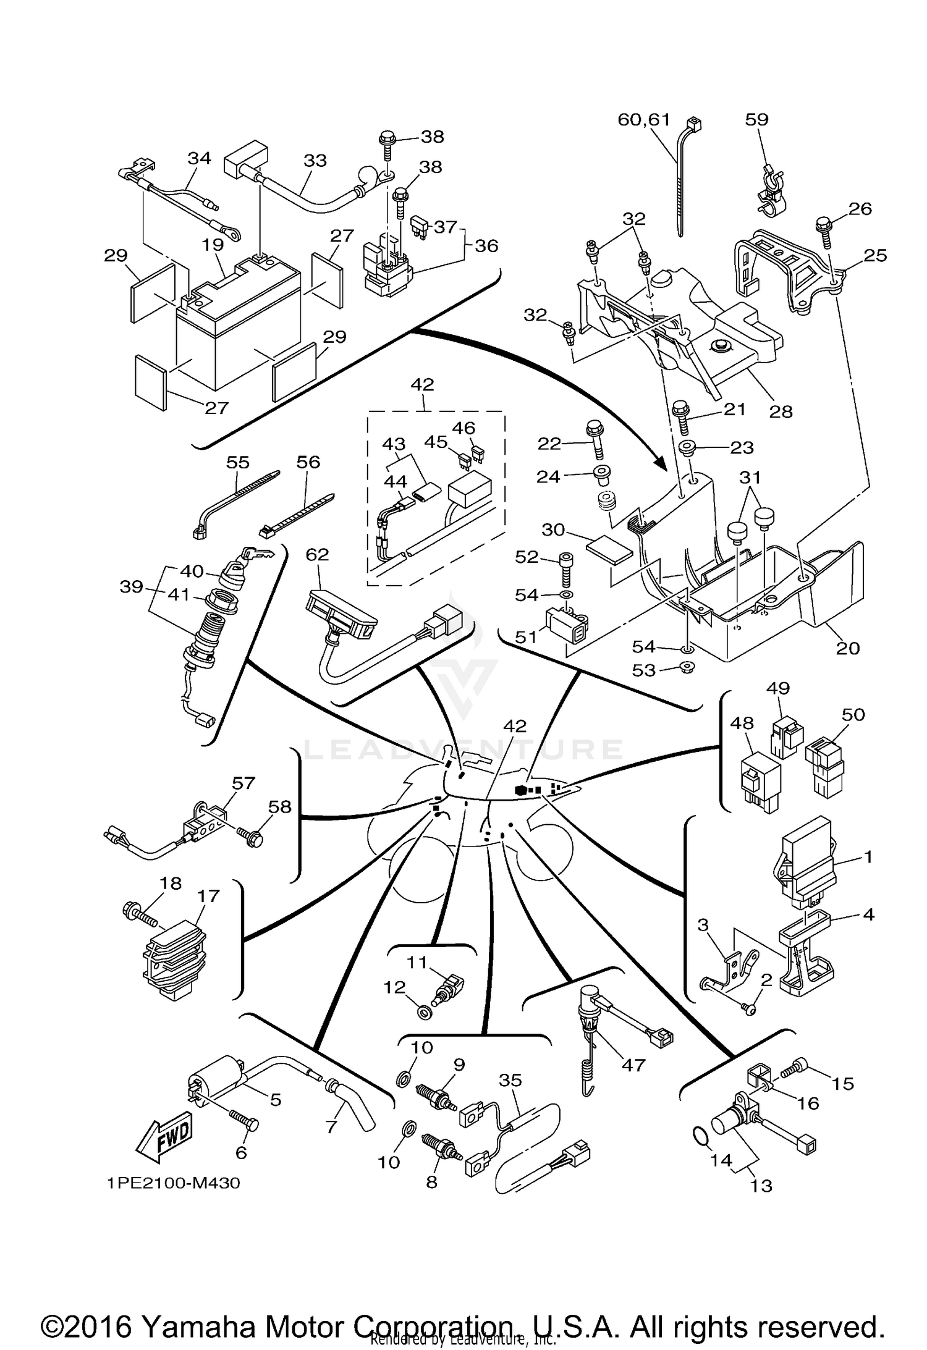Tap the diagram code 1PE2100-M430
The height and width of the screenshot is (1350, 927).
click(173, 1183)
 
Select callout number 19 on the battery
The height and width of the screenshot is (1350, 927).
click(213, 245)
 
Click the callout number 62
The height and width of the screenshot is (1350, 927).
click(317, 554)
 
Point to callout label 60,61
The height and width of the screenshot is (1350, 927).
click(644, 119)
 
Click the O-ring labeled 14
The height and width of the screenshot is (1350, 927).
click(698, 1136)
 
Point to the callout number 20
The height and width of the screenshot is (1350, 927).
click(847, 648)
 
